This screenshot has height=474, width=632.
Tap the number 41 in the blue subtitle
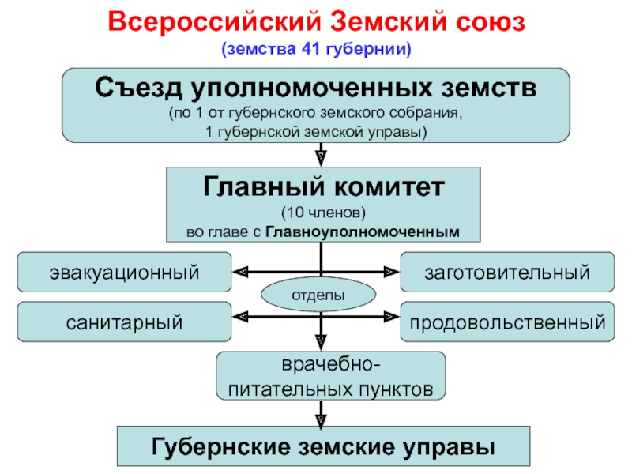(310, 49)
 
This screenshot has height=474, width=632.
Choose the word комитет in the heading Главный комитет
(389, 186)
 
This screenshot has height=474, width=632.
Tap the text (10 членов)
(323, 213)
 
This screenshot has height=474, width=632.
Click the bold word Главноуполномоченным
(363, 232)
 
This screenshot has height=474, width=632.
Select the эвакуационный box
(124, 272)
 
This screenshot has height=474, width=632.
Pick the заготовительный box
(507, 272)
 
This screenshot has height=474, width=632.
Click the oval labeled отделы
(318, 295)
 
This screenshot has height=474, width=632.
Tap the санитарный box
(124, 322)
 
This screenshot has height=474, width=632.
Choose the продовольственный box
(507, 322)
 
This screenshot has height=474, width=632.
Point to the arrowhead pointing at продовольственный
(391, 317)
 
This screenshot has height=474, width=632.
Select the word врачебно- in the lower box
(330, 365)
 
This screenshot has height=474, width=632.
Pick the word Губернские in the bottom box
(221, 446)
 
